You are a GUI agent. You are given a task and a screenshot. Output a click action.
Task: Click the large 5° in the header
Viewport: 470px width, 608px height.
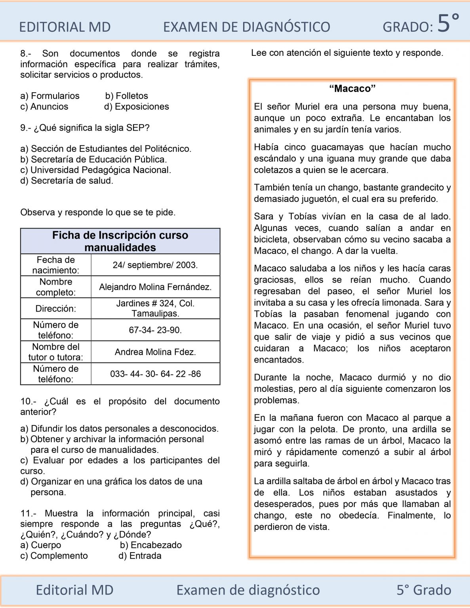(447, 23)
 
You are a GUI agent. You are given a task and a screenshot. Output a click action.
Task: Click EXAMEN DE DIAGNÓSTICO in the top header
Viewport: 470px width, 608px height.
(246, 27)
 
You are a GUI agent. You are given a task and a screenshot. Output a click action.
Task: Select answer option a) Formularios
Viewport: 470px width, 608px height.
(50, 96)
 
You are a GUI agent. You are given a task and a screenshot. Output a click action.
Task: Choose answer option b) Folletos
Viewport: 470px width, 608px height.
(126, 96)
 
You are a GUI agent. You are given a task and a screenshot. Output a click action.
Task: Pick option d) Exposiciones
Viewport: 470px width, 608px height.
(136, 106)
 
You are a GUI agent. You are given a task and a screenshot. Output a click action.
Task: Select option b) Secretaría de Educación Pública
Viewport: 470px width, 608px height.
(93, 159)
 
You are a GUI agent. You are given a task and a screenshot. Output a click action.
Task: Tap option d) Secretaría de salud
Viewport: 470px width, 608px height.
(67, 180)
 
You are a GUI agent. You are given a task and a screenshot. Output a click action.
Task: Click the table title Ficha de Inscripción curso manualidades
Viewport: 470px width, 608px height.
(120, 241)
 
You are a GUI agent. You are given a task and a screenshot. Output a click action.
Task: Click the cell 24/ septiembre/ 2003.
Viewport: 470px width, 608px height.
(155, 265)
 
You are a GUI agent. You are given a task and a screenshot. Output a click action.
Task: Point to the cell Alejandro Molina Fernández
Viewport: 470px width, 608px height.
(155, 287)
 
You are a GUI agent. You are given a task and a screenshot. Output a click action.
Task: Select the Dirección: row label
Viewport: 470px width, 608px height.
(55, 308)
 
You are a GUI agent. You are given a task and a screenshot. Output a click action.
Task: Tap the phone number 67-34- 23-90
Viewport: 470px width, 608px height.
(155, 330)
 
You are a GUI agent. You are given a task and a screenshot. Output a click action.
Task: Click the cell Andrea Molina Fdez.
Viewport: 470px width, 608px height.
(155, 352)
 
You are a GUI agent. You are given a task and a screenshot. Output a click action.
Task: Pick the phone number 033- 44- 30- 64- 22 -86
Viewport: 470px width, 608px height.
(155, 374)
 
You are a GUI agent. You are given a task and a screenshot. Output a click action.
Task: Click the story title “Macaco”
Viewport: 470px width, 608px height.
(352, 88)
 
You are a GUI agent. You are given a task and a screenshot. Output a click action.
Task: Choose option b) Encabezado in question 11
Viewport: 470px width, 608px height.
(150, 545)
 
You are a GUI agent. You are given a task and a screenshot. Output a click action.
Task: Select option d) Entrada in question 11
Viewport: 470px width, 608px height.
(140, 556)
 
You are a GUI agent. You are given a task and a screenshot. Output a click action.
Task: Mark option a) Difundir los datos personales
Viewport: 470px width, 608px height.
(119, 428)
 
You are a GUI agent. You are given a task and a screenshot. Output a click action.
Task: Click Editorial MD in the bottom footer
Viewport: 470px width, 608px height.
(74, 590)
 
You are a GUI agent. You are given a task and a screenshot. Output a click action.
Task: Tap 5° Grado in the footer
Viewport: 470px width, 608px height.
(424, 590)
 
